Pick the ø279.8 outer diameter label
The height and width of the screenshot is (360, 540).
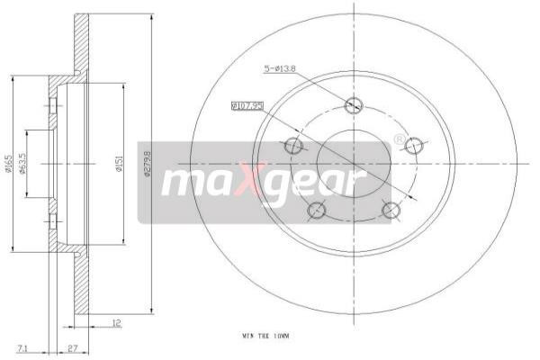pyautogui.click(x=147, y=167)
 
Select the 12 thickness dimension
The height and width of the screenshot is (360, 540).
pyautogui.click(x=117, y=322)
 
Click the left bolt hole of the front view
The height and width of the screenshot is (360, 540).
pyautogui.click(x=292, y=145)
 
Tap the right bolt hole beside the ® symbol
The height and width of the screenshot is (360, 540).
pyautogui.click(x=414, y=145)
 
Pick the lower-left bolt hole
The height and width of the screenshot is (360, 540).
pyautogui.click(x=316, y=211)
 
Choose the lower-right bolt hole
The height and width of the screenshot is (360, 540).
pyautogui.click(x=390, y=211)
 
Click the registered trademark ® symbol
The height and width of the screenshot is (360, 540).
pyautogui.click(x=399, y=139)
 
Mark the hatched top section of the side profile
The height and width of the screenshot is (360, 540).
pyautogui.click(x=82, y=40)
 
